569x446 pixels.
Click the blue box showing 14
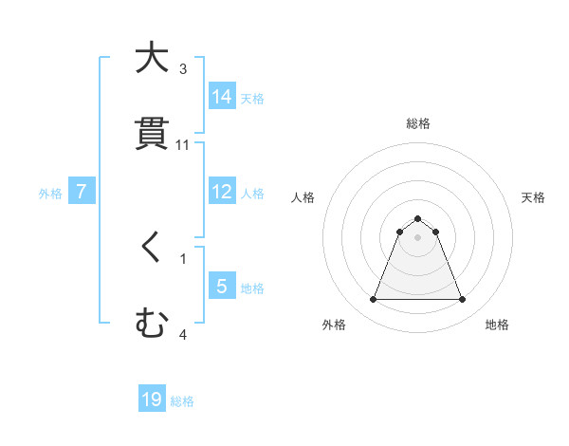222,97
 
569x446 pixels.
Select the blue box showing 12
222,192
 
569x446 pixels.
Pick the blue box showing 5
222,286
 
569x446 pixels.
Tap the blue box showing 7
82,192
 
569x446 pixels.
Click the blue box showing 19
152,400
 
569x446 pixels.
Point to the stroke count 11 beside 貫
183,145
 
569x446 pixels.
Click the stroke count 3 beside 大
183,69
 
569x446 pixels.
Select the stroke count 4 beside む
183,334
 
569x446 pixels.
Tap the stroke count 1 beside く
183,258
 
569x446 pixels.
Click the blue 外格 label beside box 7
50,193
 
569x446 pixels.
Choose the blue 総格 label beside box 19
182,401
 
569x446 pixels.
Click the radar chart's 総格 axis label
417,123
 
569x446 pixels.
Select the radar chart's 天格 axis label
533,197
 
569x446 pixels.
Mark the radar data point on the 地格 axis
463,300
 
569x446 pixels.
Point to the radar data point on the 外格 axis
373,300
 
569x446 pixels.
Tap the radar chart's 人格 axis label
303,197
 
